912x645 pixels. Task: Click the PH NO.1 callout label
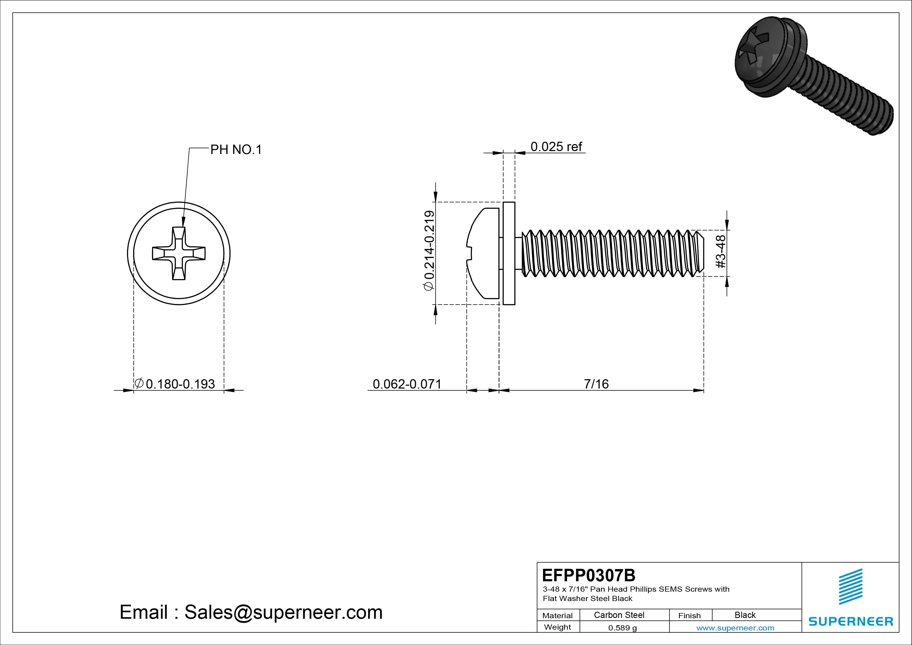click(236, 150)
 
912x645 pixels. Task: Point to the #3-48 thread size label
click(721, 251)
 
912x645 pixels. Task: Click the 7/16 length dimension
click(596, 384)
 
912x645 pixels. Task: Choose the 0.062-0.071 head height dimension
click(407, 384)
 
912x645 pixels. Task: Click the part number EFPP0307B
click(588, 575)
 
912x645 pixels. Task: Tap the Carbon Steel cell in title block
click(618, 615)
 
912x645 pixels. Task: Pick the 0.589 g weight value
click(622, 628)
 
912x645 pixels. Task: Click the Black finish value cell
click(745, 615)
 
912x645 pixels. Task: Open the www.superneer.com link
click(735, 628)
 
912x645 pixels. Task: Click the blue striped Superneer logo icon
click(850, 586)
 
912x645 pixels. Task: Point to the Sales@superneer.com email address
click(283, 612)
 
